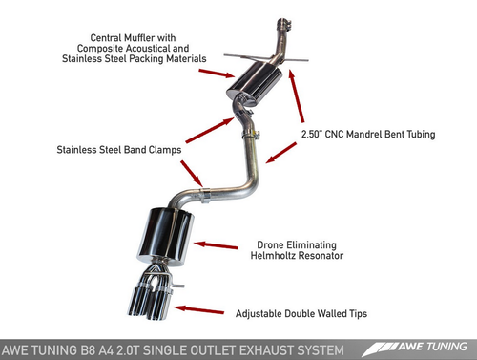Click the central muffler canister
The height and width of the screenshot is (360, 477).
click(x=255, y=84)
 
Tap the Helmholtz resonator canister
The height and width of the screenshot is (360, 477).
click(x=166, y=237)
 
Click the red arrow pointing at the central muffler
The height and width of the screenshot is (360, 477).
click(x=217, y=73)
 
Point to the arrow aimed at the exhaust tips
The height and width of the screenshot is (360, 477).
click(x=198, y=309)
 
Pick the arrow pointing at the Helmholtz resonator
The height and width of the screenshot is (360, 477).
click(x=216, y=245)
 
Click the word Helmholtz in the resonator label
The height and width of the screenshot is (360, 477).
click(x=274, y=255)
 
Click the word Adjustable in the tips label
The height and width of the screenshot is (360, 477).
click(x=259, y=314)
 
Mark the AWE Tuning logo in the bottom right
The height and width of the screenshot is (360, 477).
click(x=415, y=349)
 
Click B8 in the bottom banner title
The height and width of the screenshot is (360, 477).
click(x=87, y=350)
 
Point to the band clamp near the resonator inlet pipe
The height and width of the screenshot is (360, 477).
click(x=204, y=196)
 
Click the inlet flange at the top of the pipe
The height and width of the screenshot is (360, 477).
click(x=284, y=24)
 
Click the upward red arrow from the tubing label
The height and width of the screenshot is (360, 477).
click(x=297, y=96)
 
